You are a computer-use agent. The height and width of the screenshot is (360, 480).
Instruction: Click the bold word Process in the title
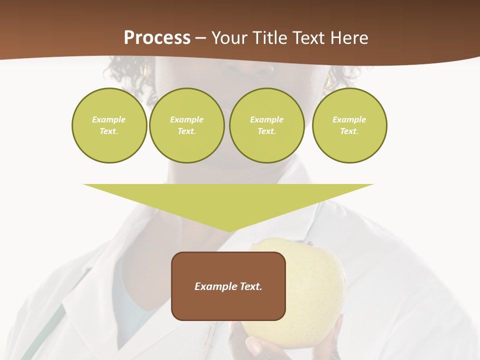click(x=157, y=38)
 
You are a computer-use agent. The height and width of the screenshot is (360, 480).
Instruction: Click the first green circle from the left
click(x=109, y=125)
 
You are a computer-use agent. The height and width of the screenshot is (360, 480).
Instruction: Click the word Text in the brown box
click(x=250, y=286)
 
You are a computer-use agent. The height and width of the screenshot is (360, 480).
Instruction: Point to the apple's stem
click(x=310, y=243)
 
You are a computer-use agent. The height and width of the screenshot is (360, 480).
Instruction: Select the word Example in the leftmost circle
click(x=109, y=119)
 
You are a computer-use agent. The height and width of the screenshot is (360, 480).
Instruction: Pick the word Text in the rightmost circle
click(x=349, y=131)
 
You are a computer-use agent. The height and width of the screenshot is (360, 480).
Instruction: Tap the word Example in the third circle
click(x=266, y=119)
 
